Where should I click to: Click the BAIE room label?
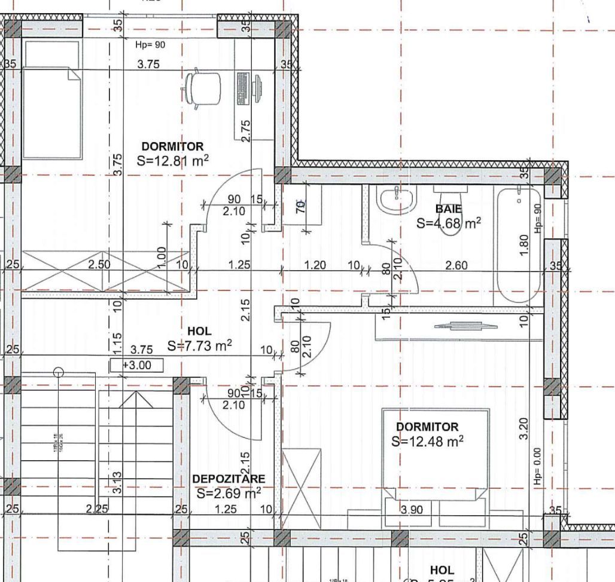click(x=448, y=209)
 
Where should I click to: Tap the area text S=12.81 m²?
click(x=173, y=160)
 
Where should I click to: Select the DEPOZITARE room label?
click(x=228, y=479)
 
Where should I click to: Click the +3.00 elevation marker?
click(x=137, y=365)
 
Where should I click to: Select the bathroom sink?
click(x=395, y=199)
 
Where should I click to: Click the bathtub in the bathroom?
click(x=519, y=245)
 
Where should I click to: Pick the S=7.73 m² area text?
click(x=200, y=345)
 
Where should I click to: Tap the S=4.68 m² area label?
click(x=449, y=223)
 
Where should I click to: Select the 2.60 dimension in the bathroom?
click(x=456, y=265)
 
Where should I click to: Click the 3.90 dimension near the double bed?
click(x=411, y=510)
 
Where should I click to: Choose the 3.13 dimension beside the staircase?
click(x=118, y=482)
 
